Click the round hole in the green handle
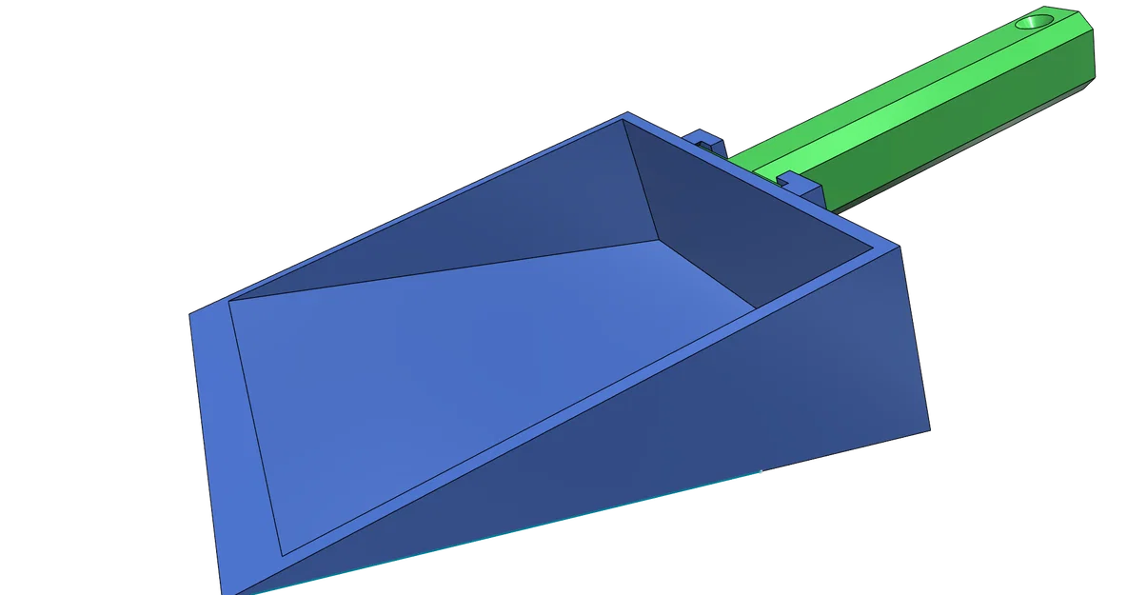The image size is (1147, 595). click(1038, 20)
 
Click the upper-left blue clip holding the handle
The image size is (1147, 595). click(704, 140)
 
